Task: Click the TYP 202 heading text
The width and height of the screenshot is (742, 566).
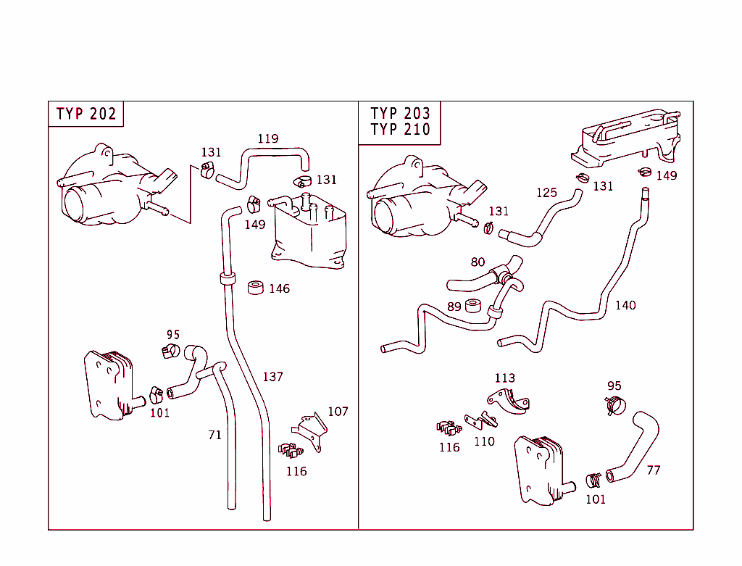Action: (86, 114)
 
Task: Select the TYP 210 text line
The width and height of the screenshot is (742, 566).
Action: (400, 130)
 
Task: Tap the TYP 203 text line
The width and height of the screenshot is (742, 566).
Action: (400, 113)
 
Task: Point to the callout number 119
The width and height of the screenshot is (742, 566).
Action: (268, 138)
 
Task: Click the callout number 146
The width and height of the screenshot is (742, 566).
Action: (279, 288)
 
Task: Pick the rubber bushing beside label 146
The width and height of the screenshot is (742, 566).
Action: (256, 288)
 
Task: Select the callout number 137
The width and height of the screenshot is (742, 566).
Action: (272, 377)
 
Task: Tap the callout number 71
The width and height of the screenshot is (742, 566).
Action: (214, 435)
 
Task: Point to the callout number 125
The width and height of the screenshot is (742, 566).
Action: (546, 192)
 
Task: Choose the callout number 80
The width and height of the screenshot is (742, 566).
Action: (478, 262)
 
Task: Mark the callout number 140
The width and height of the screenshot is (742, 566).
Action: (625, 305)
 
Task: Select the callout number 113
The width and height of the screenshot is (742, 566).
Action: (504, 378)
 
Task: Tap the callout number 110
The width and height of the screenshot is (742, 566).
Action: (484, 441)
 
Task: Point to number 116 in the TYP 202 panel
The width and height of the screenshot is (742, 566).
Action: (296, 471)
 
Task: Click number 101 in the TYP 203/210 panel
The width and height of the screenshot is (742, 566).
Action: (595, 499)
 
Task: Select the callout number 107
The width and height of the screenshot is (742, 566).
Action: (338, 411)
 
